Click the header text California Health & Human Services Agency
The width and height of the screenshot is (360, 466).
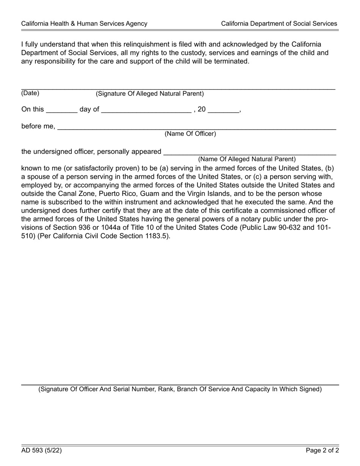[x=84, y=23]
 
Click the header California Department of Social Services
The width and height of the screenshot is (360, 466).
[x=279, y=23]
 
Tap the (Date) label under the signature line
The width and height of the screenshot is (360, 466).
[x=30, y=93]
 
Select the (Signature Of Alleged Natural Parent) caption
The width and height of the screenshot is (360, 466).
[x=150, y=94]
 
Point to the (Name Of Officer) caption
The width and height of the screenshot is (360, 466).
[x=190, y=134]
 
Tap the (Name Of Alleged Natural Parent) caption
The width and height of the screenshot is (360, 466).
[x=247, y=159]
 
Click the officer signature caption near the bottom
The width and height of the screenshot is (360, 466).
[x=180, y=389]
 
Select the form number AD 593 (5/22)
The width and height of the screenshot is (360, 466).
[x=41, y=450]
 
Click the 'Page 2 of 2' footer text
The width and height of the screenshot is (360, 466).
[x=322, y=450]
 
